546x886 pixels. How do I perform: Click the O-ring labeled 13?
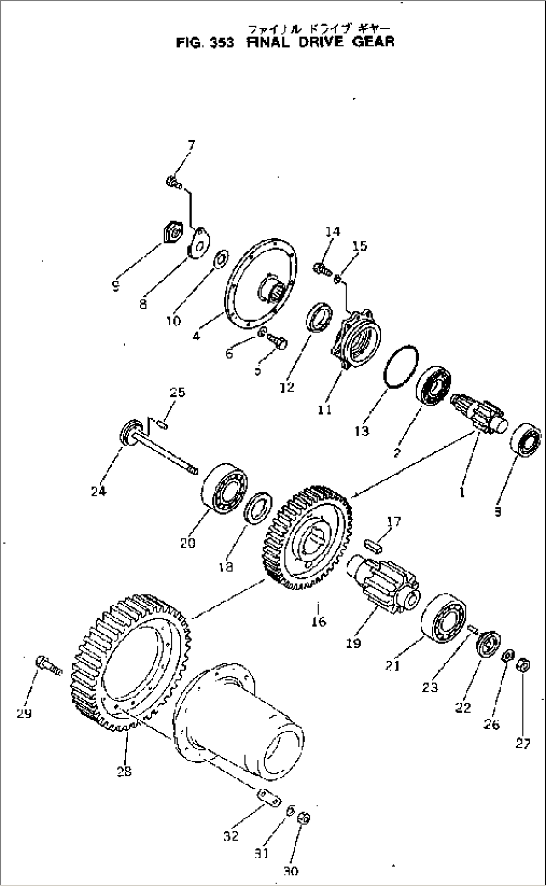point(401,366)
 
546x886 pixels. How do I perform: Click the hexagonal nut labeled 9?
point(171,233)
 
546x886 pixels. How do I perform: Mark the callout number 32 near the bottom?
point(231,836)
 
